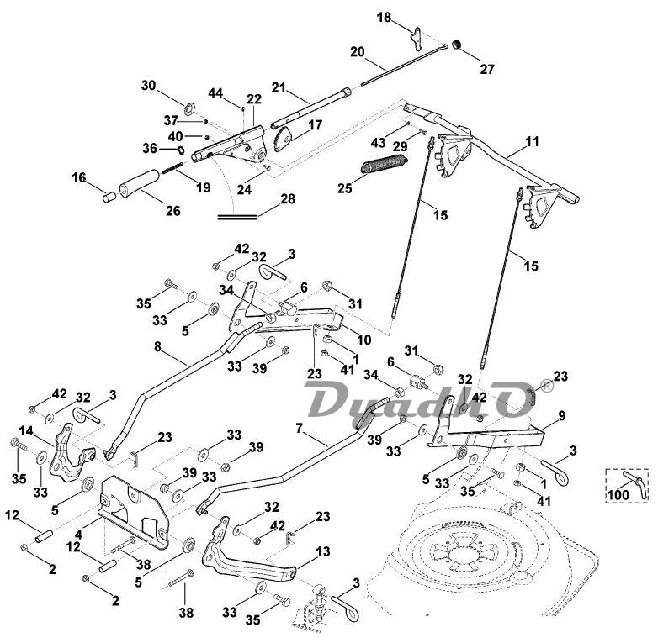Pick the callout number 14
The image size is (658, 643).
click(26, 430)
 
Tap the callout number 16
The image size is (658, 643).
click(78, 177)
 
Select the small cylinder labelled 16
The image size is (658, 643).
click(108, 198)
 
